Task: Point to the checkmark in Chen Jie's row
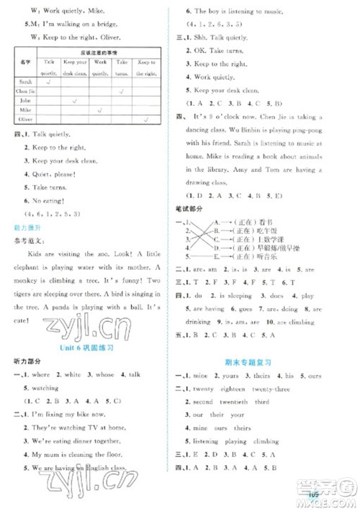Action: click(123, 91)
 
